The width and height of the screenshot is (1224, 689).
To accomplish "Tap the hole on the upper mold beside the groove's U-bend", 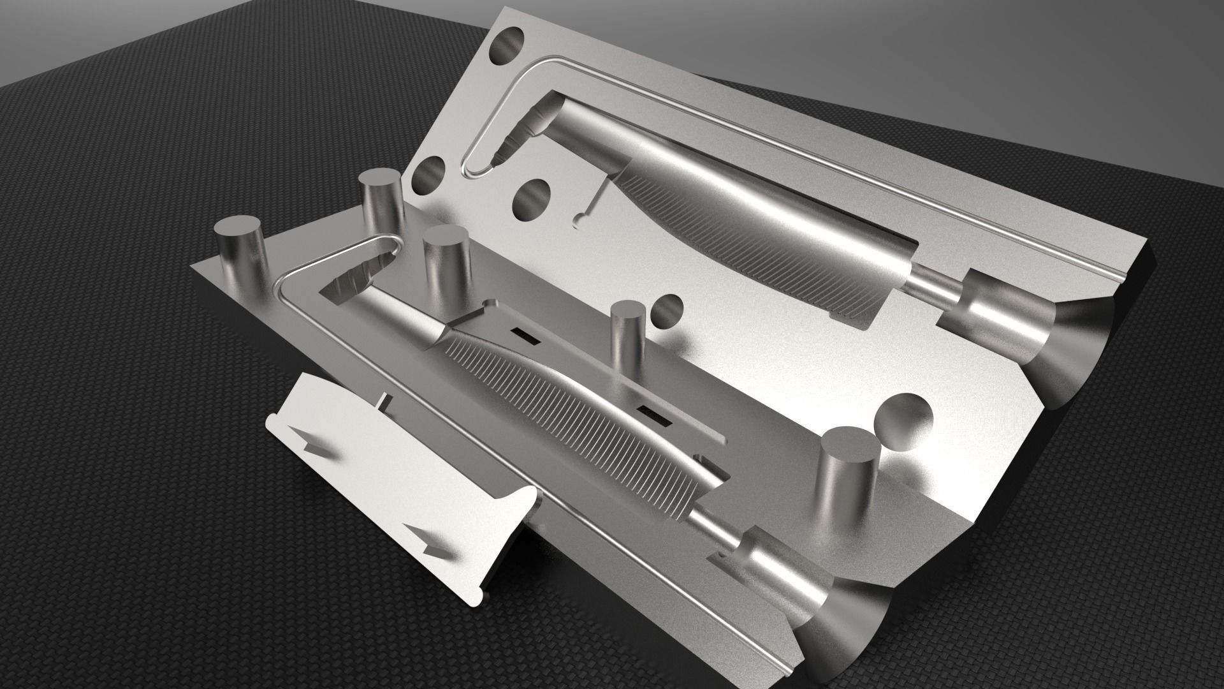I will click(428, 176).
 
